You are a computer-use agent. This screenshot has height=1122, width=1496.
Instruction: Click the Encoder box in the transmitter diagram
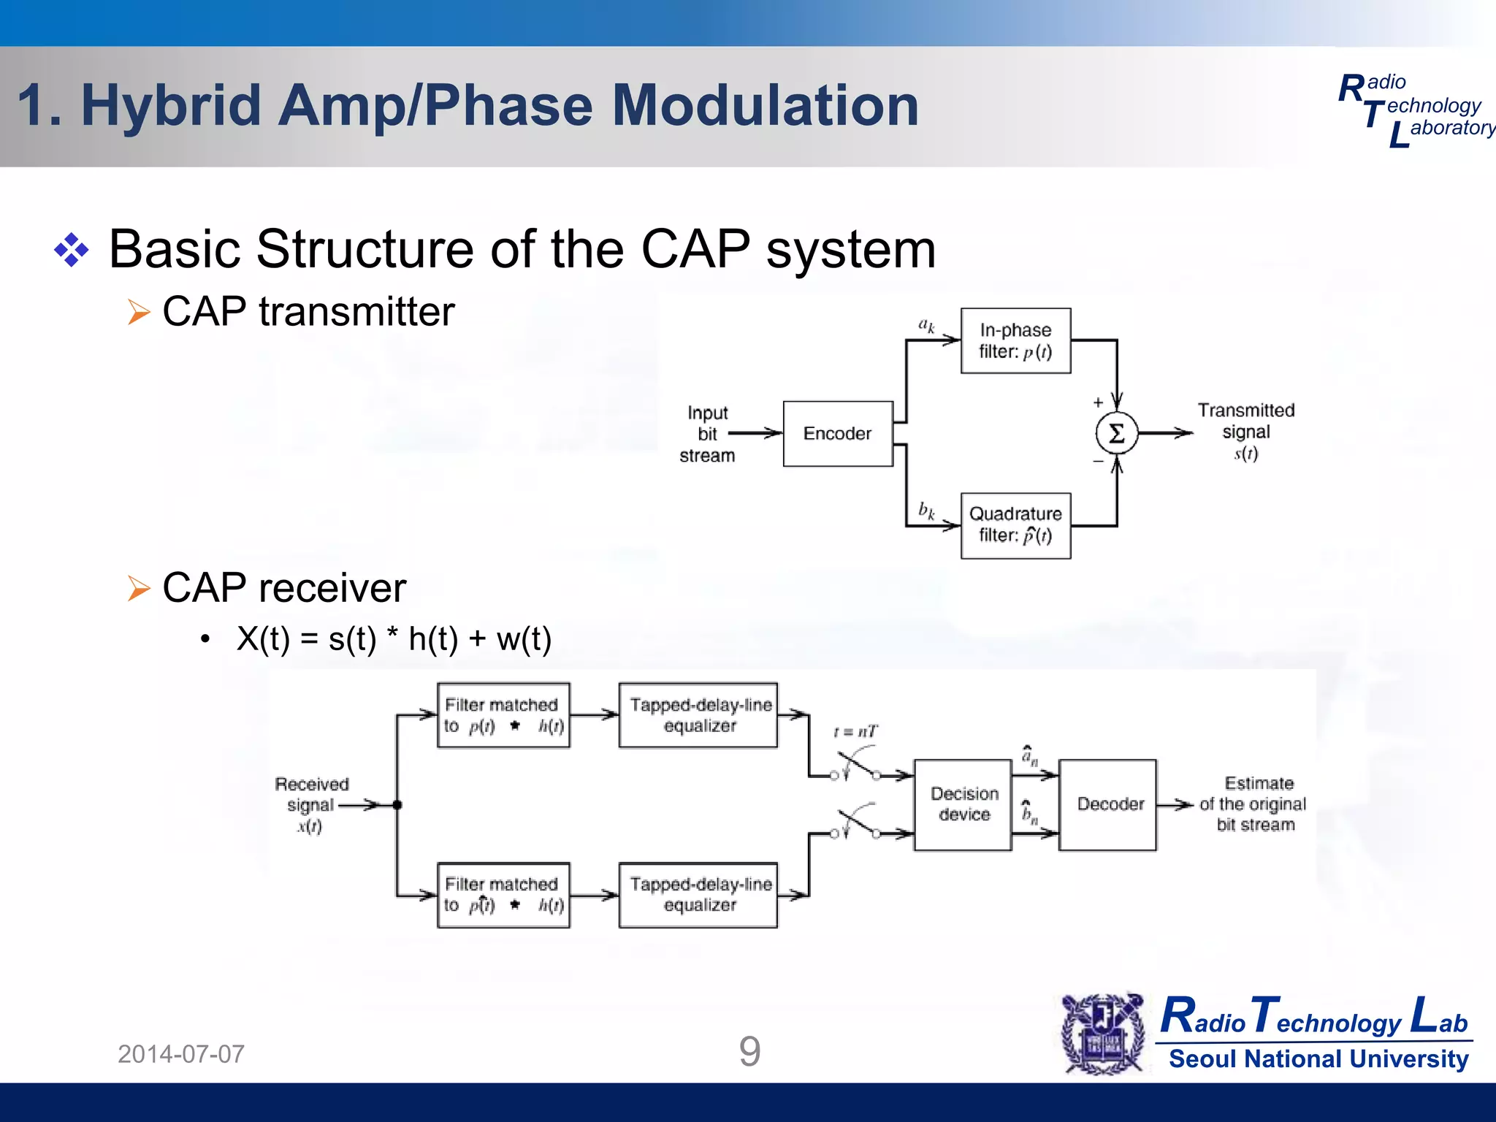[838, 433]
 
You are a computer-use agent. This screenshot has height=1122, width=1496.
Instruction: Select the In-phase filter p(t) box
[1015, 340]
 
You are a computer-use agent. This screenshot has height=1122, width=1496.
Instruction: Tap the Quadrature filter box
[1015, 525]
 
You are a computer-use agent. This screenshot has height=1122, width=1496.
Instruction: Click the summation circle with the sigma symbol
[1116, 433]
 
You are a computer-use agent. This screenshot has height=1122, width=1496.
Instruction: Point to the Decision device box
[963, 804]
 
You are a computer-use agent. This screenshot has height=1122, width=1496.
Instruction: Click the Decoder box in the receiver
[1108, 804]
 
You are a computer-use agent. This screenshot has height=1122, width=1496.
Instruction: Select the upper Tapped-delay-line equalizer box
[698, 715]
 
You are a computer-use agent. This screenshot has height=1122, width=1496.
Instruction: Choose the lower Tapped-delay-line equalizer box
[698, 895]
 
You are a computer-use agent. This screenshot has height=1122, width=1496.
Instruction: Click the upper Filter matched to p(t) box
[503, 715]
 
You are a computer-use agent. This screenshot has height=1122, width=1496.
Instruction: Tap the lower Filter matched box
[503, 895]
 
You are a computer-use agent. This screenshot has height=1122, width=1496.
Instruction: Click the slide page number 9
[749, 1052]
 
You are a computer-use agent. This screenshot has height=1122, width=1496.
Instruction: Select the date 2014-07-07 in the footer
[181, 1054]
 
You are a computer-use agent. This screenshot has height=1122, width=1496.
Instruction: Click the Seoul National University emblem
[1104, 1034]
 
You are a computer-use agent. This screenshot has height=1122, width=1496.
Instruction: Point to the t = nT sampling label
[855, 731]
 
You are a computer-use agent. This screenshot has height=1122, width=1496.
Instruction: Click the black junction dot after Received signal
[397, 805]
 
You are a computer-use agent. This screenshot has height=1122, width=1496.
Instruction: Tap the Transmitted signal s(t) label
[1246, 431]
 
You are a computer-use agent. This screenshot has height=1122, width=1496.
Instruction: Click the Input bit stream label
[706, 434]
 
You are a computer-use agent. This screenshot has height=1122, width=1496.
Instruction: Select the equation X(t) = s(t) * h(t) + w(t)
[394, 639]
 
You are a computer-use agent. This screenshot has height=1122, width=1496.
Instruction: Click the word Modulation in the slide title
[765, 106]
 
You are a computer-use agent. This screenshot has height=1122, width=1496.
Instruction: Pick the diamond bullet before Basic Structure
[72, 250]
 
